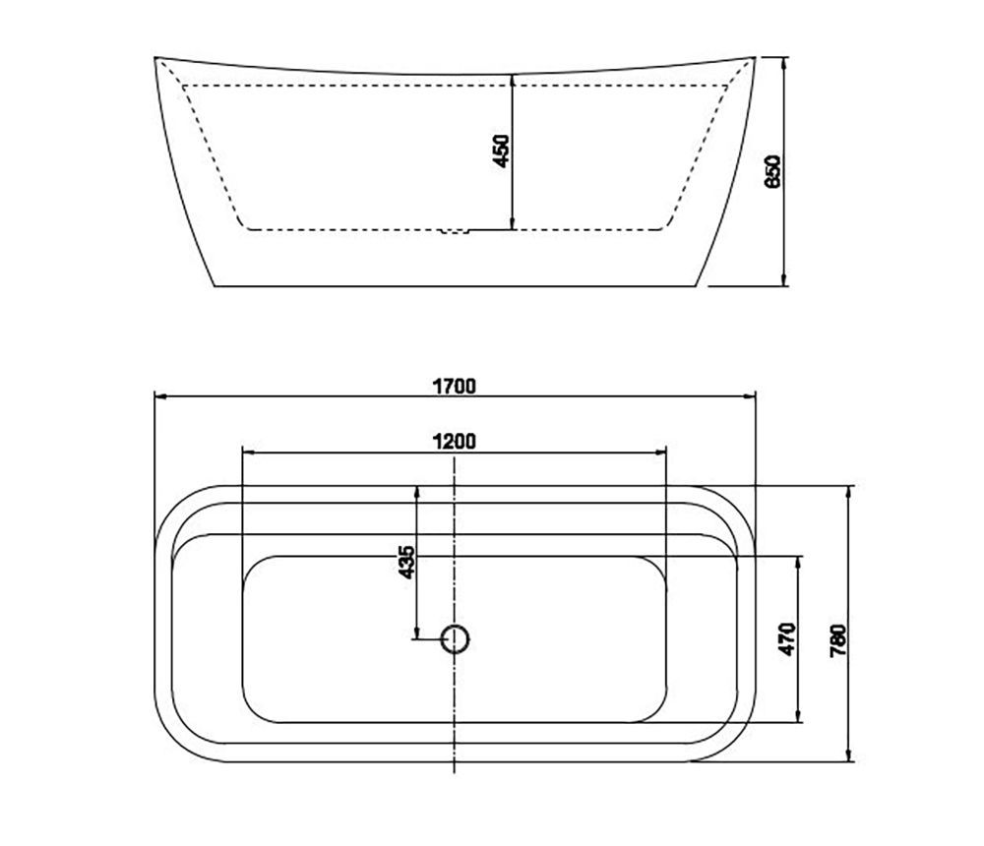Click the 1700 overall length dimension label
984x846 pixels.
455,386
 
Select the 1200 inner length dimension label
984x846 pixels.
455,442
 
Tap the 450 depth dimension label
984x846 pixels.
502,151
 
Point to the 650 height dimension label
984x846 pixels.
772,171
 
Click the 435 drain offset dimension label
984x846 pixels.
406,563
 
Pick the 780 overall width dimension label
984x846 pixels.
838,640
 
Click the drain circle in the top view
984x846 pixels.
455,638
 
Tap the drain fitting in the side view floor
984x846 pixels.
456,231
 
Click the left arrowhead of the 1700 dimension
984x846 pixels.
159,396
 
